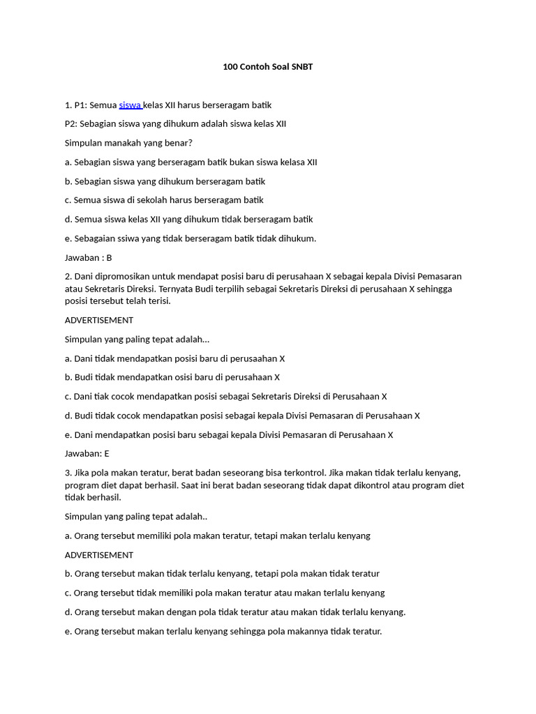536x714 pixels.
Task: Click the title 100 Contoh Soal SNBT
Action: [x=268, y=67]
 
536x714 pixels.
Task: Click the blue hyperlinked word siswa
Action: [x=130, y=105]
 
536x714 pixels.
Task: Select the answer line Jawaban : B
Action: [x=89, y=257]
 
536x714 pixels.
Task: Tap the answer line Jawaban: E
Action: [x=88, y=453]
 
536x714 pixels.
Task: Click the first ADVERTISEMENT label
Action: [x=99, y=320]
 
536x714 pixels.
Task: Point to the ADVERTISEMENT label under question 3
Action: [x=99, y=555]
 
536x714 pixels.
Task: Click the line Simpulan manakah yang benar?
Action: [x=128, y=143]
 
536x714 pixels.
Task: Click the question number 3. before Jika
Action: [x=68, y=473]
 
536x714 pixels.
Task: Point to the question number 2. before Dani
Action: [x=68, y=276]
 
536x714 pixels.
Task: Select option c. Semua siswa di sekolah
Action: [x=164, y=200]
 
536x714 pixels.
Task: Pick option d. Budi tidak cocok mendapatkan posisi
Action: [x=242, y=416]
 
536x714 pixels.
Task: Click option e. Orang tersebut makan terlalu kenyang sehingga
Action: [x=223, y=632]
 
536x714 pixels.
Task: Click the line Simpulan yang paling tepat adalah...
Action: [x=137, y=339]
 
